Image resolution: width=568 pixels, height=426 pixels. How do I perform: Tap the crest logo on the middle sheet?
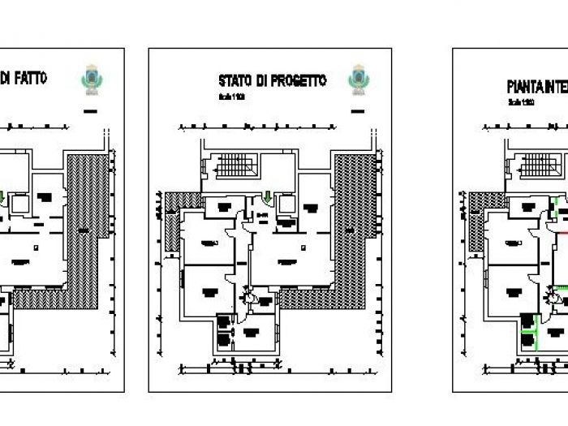[357, 78]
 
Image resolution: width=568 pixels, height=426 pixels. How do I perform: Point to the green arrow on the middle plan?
[269, 197]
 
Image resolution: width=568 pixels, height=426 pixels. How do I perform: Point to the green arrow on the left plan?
[2, 196]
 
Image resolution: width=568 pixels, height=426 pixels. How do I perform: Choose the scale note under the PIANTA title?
[521, 103]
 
